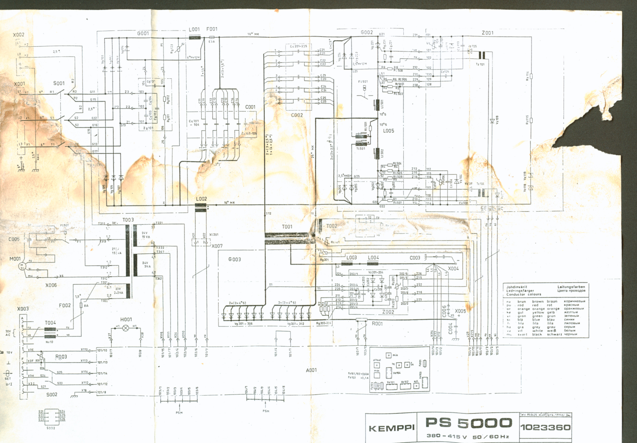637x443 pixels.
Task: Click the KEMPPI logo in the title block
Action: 391,428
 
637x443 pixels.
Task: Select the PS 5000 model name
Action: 469,423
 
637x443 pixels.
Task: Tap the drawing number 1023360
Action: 545,427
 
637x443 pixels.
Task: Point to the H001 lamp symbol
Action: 126,328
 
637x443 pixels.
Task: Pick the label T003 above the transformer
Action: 128,220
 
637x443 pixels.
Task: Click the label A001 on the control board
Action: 311,370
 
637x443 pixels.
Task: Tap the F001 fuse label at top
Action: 212,29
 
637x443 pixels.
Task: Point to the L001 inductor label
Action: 194,29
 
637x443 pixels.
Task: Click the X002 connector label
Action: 19,35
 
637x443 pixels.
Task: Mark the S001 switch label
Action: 59,83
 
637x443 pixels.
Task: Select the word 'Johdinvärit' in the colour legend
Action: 517,287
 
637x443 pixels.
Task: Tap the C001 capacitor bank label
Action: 250,107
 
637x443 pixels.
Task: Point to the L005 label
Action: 388,131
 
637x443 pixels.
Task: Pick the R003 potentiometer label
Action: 61,357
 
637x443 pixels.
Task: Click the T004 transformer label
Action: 50,323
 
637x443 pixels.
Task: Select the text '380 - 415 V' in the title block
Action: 447,436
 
